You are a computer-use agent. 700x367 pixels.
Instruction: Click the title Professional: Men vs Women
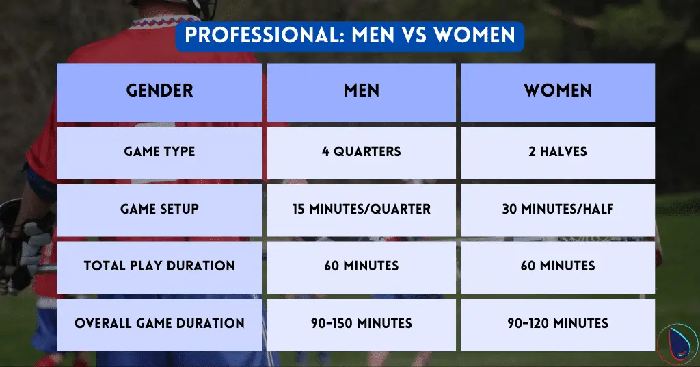[x=350, y=35]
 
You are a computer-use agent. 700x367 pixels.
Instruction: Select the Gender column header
[x=159, y=91]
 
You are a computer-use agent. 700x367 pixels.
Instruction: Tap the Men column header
[x=361, y=91]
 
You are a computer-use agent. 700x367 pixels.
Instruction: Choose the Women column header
[x=558, y=91]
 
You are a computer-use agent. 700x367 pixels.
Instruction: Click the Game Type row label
[x=159, y=151]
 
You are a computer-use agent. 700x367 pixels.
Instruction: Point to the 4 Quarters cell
[x=361, y=151]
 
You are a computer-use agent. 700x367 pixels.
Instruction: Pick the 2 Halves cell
[x=558, y=151]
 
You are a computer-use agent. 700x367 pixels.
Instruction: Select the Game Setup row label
[x=159, y=209]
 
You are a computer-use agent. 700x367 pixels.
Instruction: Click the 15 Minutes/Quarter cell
[x=361, y=209]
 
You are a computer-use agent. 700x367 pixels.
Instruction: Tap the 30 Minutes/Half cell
[x=558, y=209]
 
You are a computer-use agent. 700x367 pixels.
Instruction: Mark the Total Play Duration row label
[x=159, y=266]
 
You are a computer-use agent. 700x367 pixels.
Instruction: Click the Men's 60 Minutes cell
[x=361, y=266]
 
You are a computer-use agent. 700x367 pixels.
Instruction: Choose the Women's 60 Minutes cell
[x=558, y=266]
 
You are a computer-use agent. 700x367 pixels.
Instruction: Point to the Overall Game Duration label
[x=159, y=323]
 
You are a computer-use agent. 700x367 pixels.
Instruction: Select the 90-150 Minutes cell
[x=361, y=323]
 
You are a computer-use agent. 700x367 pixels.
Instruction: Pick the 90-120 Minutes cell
[x=558, y=323]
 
